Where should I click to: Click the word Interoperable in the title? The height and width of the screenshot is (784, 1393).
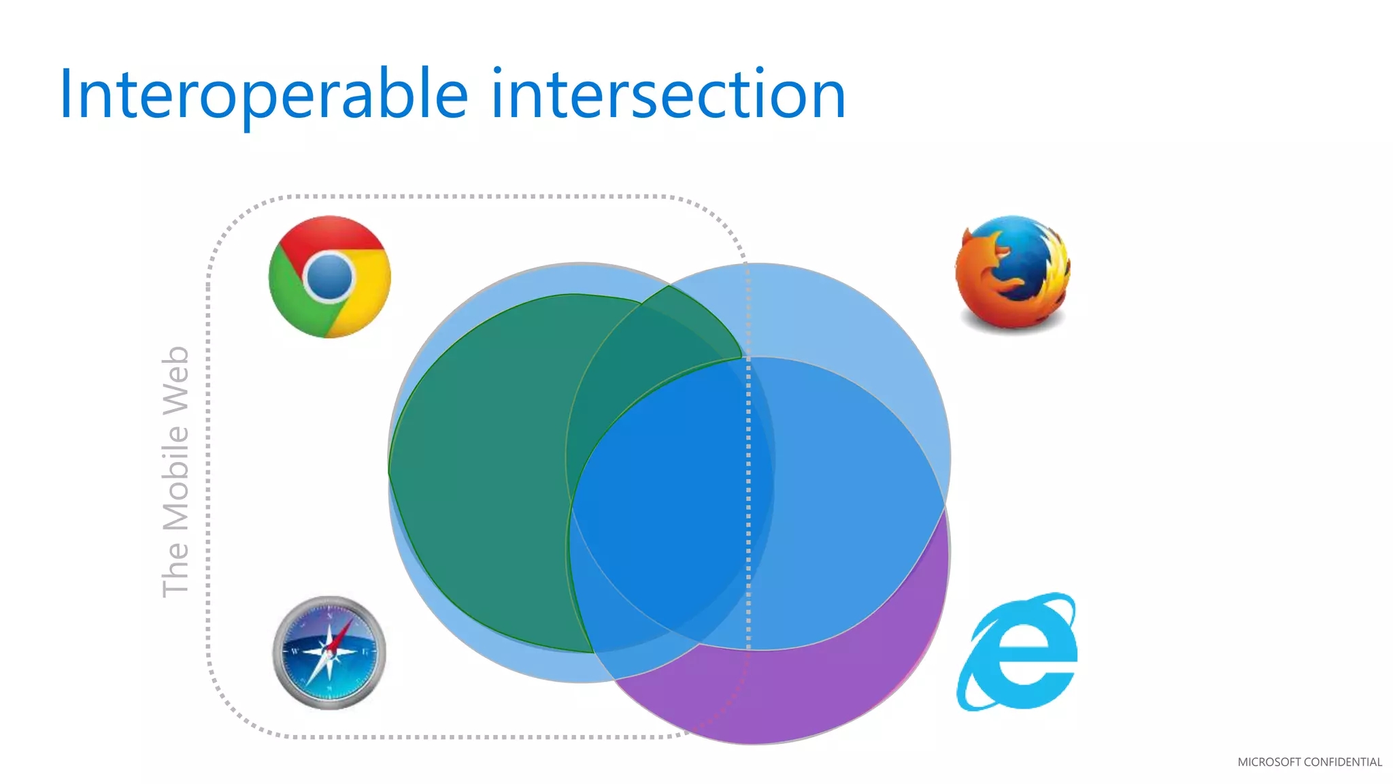tap(264, 95)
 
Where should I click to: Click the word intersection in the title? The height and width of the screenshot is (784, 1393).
tap(668, 95)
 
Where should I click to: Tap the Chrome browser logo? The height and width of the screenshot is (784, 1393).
tap(330, 277)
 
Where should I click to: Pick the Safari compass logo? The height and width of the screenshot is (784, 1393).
tap(329, 653)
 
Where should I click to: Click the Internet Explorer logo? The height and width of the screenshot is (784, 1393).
tap(1018, 652)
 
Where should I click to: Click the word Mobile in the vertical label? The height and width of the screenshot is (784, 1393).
tap(175, 476)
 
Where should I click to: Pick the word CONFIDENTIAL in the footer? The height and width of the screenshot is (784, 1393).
tap(1343, 762)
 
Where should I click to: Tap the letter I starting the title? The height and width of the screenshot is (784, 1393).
tap(66, 95)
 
